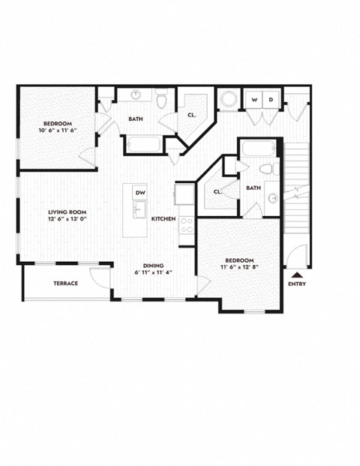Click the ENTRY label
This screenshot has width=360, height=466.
297,284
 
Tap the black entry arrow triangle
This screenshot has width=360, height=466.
298,275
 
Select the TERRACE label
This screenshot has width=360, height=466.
66,283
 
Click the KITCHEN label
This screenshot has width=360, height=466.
163,218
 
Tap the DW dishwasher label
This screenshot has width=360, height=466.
139,193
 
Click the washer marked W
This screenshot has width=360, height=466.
254,100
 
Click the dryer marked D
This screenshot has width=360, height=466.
271,100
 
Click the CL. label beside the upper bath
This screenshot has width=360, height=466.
192,115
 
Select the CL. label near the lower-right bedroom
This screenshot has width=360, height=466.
217,192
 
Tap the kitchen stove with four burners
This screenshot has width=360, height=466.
185,224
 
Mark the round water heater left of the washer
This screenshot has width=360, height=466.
227,100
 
